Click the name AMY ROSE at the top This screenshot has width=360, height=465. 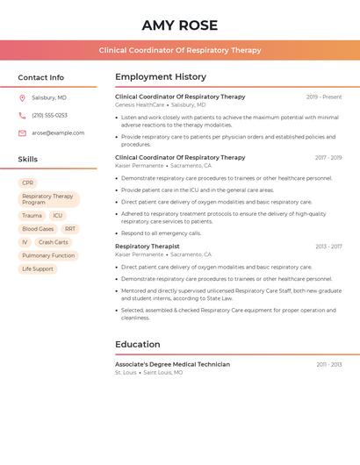(179, 25)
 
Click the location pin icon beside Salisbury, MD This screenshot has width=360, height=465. (22, 97)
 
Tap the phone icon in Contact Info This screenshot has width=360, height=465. (22, 115)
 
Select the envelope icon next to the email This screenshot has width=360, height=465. (22, 133)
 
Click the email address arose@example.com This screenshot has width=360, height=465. (58, 133)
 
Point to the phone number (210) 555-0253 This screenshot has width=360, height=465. (49, 115)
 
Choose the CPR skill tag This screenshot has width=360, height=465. (27, 183)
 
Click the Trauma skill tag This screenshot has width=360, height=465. (32, 215)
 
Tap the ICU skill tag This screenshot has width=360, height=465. (57, 215)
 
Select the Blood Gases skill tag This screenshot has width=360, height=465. (38, 229)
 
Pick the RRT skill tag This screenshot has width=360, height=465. (70, 229)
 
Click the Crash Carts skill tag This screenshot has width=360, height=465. (53, 242)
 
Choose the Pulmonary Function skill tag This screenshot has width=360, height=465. (48, 255)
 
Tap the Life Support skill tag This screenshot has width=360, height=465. (38, 268)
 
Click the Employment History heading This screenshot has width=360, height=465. (161, 77)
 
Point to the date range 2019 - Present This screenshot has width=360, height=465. (324, 97)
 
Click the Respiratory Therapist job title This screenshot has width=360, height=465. (147, 247)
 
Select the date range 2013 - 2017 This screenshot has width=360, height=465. (328, 247)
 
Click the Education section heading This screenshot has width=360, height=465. (138, 344)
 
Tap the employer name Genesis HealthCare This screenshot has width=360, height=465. (140, 104)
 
